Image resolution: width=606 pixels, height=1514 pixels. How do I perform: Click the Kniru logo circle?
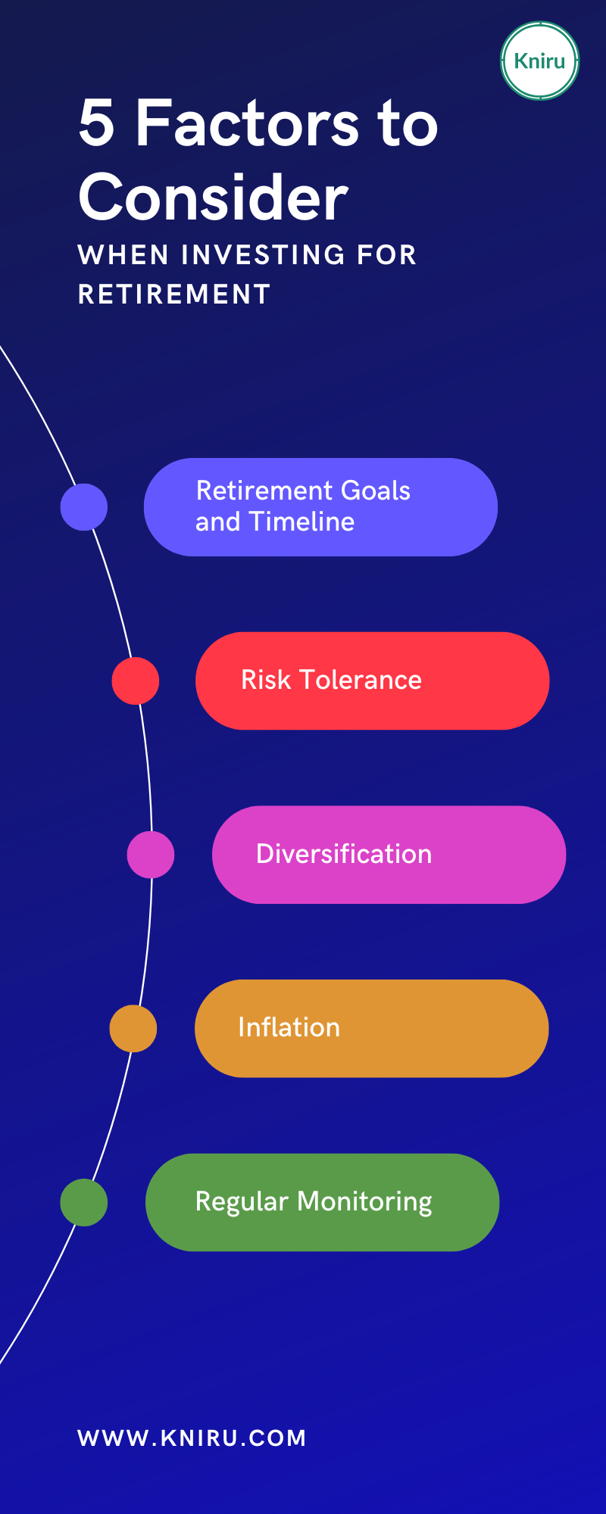pyautogui.click(x=540, y=61)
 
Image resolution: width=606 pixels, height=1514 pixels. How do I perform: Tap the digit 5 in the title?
pyautogui.click(x=97, y=123)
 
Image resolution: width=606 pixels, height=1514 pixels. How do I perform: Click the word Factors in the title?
pyautogui.click(x=247, y=123)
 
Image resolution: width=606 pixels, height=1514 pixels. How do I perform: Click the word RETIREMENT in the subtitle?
pyautogui.click(x=174, y=294)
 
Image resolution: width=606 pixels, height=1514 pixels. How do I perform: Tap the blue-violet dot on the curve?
pyautogui.click(x=84, y=506)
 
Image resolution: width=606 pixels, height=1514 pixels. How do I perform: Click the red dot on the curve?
pyautogui.click(x=136, y=681)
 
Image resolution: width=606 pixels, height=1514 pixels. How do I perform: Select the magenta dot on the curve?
pyautogui.click(x=151, y=855)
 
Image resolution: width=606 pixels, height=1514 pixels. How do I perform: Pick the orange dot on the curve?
pyautogui.click(x=133, y=1028)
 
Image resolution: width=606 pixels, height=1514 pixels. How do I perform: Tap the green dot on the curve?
pyautogui.click(x=84, y=1202)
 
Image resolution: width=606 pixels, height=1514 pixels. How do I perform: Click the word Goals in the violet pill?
pyautogui.click(x=376, y=491)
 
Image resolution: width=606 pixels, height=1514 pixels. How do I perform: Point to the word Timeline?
pyautogui.click(x=301, y=522)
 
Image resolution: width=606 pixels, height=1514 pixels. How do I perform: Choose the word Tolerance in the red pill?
pyautogui.click(x=361, y=680)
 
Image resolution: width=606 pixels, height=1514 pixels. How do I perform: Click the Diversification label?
pyautogui.click(x=344, y=854)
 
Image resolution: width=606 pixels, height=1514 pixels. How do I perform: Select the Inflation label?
pyautogui.click(x=289, y=1027)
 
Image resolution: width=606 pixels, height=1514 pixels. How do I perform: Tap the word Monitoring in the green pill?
pyautogui.click(x=364, y=1202)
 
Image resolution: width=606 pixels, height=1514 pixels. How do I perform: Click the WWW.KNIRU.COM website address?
pyautogui.click(x=192, y=1438)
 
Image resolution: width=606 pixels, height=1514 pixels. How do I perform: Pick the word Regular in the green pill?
pyautogui.click(x=242, y=1202)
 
